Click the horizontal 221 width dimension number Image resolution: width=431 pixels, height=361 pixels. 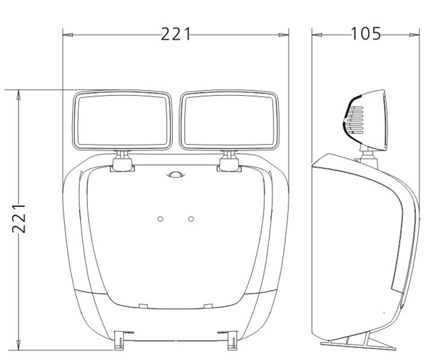(176, 34)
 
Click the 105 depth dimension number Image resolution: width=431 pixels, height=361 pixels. (366, 34)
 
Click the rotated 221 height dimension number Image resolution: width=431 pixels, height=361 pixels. (19, 218)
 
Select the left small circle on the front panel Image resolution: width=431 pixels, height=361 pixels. (161, 219)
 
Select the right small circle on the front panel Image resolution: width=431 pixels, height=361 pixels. (191, 219)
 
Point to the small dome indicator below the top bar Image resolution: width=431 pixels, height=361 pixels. (176, 175)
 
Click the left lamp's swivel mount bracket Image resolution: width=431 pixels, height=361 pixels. (122, 162)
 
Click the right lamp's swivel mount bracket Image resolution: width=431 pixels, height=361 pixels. (230, 162)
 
